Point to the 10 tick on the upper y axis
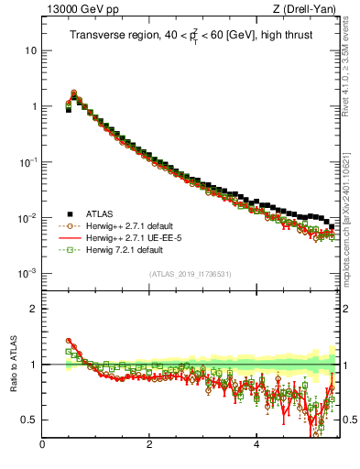tap(31, 50)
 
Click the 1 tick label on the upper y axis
tap(34, 106)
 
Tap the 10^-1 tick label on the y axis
tap(29, 162)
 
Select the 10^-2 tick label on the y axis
tap(29, 218)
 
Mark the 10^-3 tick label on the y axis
tap(29, 274)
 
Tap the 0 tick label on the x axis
tap(42, 446)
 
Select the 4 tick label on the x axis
tap(256, 446)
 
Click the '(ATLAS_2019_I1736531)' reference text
tap(191, 275)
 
